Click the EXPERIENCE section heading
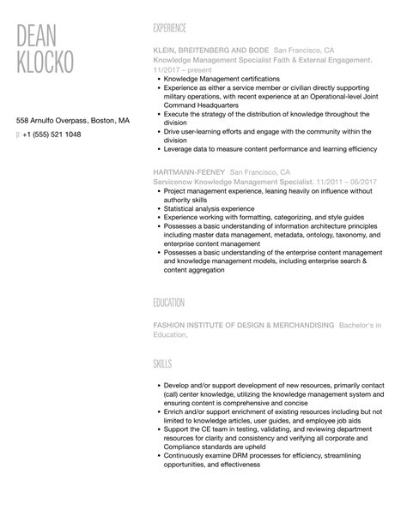pos(169,27)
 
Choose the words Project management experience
pos(207,190)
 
